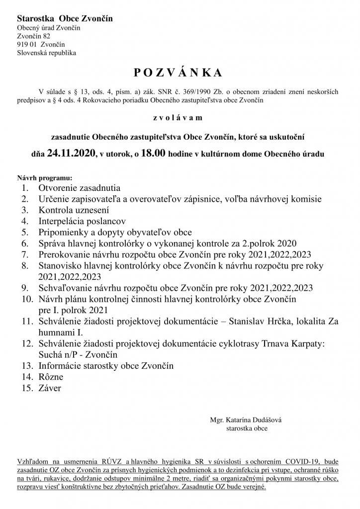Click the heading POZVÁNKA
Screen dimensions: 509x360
(x=178, y=73)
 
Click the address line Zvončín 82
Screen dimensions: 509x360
(x=33, y=36)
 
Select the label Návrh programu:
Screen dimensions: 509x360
(x=45, y=177)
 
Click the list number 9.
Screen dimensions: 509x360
(x=24, y=287)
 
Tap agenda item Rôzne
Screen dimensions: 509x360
(x=51, y=377)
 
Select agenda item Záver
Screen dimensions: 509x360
(x=50, y=388)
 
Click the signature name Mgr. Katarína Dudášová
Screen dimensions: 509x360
(x=246, y=420)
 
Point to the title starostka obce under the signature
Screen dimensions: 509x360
(x=247, y=428)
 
